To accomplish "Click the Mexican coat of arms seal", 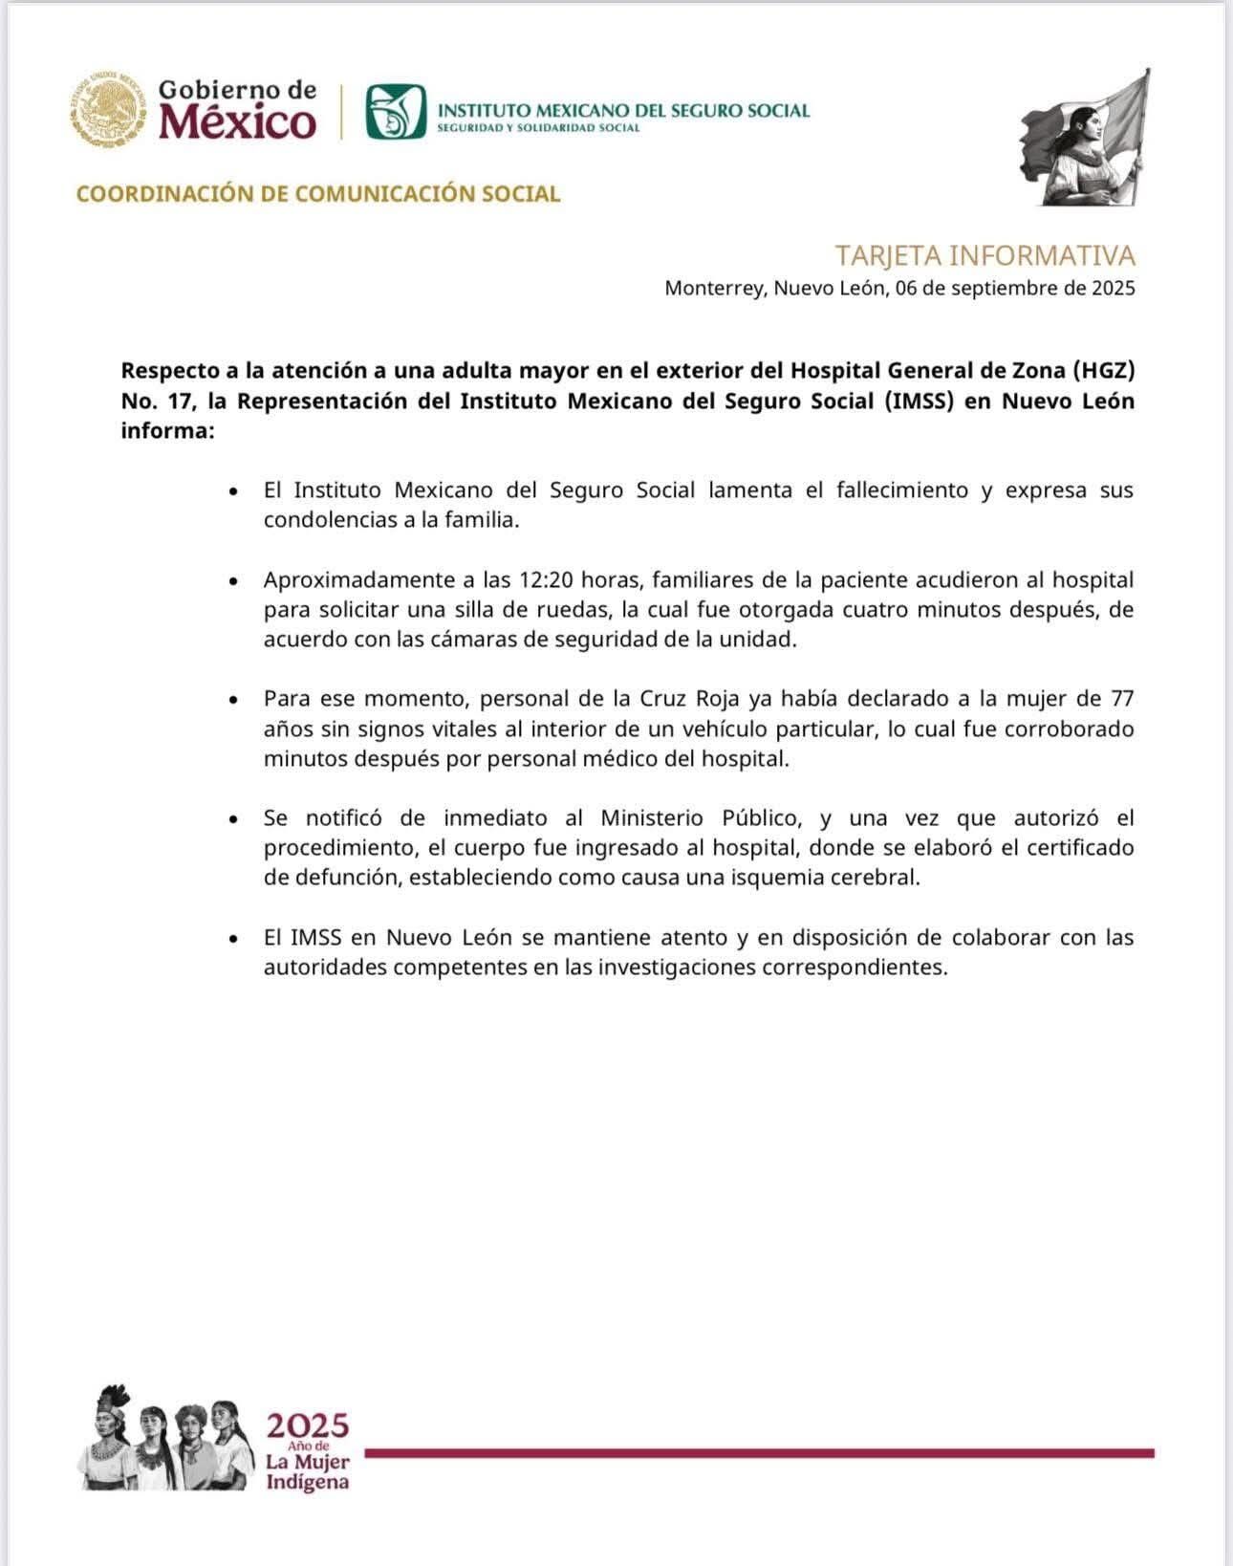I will tap(103, 109).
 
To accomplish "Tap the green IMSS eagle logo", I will tap(395, 112).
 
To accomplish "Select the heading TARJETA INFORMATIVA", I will tap(984, 256).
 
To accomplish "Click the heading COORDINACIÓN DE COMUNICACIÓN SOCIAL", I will tap(318, 194).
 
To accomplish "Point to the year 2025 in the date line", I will tap(1113, 288).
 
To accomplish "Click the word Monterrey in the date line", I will tap(714, 288).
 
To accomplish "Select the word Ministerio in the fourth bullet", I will tap(653, 818).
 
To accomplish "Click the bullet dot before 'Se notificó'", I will tap(233, 820).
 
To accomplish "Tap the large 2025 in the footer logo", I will tap(308, 1427).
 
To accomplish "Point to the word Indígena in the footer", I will tap(307, 1483).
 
